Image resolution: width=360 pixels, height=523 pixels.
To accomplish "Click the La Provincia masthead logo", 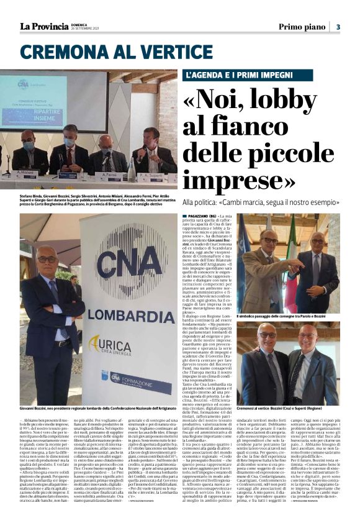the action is (x=43, y=27).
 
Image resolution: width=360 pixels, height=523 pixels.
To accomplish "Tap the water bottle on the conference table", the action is (x=131, y=169).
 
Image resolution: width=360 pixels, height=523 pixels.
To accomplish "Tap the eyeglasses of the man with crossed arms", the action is (x=47, y=260).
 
